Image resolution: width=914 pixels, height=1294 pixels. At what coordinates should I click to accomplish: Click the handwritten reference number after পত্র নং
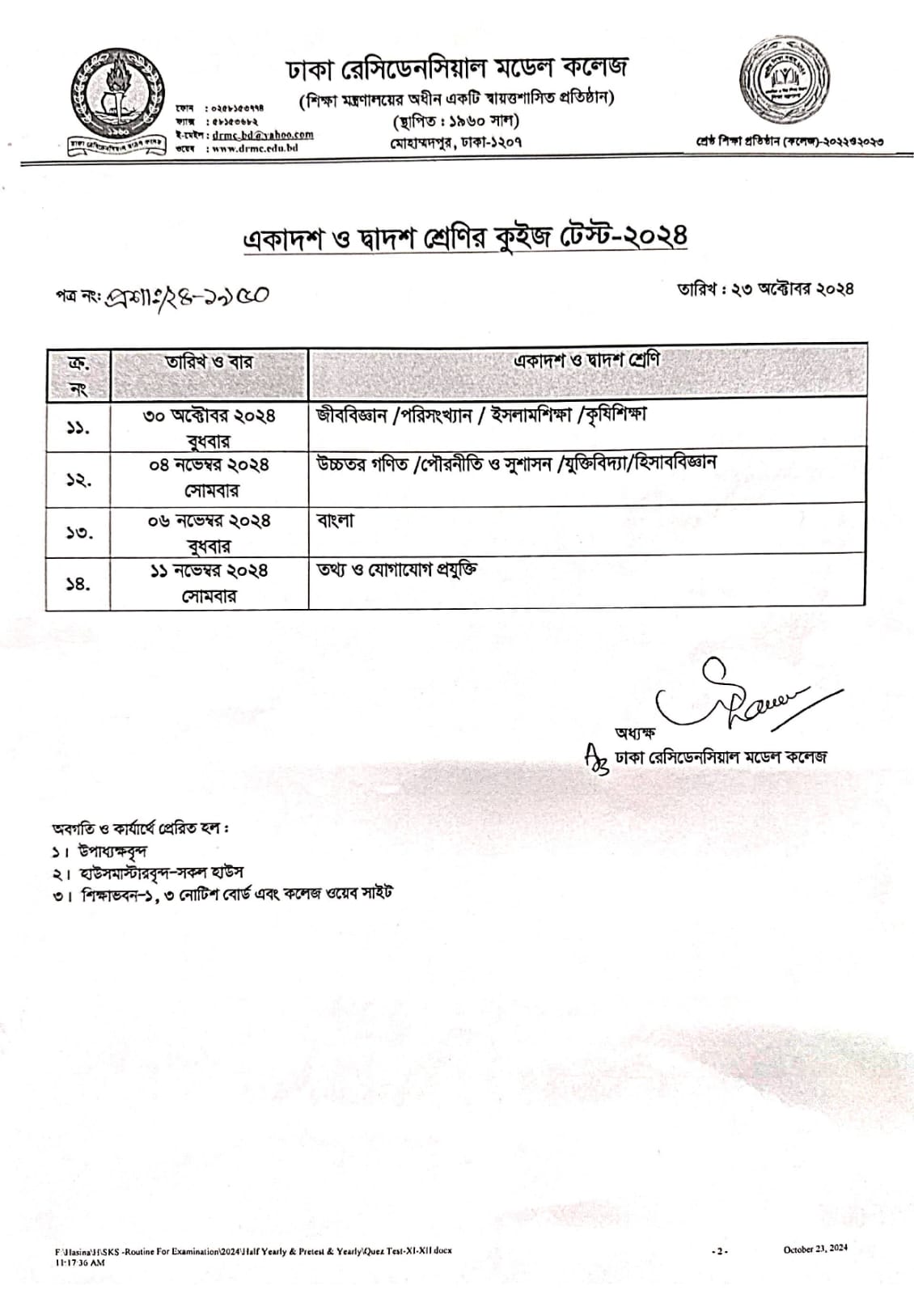pyautogui.click(x=194, y=296)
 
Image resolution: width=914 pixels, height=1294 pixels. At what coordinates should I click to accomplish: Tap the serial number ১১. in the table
pyautogui.click(x=78, y=426)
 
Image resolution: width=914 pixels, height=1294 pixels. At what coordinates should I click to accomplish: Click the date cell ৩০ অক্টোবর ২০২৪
pyautogui.click(x=209, y=416)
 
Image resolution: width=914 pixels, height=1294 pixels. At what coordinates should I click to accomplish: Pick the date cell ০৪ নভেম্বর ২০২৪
pyautogui.click(x=209, y=465)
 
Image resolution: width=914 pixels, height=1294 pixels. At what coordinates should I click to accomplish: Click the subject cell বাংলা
pyautogui.click(x=335, y=521)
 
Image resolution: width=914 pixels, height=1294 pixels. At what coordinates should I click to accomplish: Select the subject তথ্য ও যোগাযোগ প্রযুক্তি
pyautogui.click(x=396, y=569)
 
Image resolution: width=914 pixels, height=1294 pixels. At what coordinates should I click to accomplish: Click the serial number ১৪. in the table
pyautogui.click(x=78, y=582)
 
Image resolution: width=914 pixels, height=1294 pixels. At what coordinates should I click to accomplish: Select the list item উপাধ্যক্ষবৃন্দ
pyautogui.click(x=112, y=852)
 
